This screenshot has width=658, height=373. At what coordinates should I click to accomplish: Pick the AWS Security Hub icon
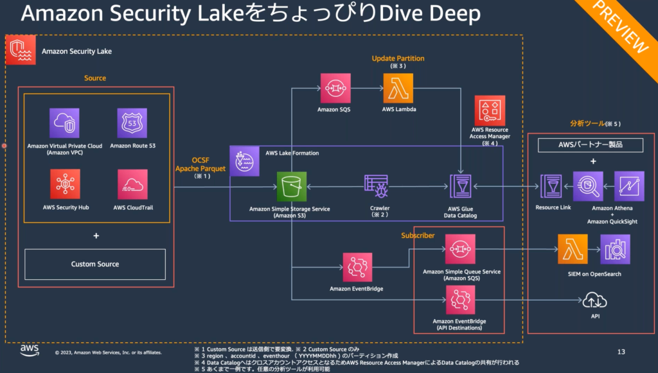coord(64,184)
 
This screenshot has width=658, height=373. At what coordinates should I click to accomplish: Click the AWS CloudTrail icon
coord(132,184)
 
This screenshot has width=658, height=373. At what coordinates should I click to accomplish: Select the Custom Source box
coord(95,264)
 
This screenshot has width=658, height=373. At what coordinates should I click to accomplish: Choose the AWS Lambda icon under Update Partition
coord(398,88)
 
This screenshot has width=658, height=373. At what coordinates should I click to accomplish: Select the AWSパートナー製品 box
coord(590,145)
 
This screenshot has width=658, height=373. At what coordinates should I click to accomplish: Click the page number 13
coord(621,352)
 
